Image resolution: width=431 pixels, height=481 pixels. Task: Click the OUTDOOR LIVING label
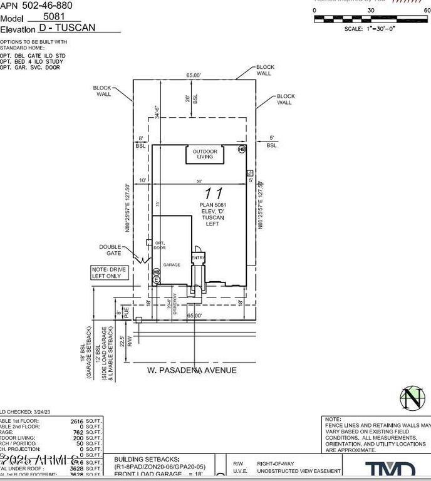(x=204, y=154)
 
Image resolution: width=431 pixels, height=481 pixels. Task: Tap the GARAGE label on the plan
(x=172, y=265)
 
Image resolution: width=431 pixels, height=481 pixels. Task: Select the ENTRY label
(x=199, y=258)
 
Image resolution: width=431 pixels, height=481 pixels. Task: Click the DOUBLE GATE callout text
(x=110, y=249)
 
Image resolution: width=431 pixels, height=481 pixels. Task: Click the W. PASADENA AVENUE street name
(x=192, y=370)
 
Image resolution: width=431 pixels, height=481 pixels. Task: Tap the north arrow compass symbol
(x=410, y=397)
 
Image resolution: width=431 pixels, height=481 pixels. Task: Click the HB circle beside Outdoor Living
(x=242, y=149)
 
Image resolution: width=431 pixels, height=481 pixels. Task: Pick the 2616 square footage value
(x=77, y=422)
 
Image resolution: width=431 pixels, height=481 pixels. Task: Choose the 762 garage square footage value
(x=79, y=433)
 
